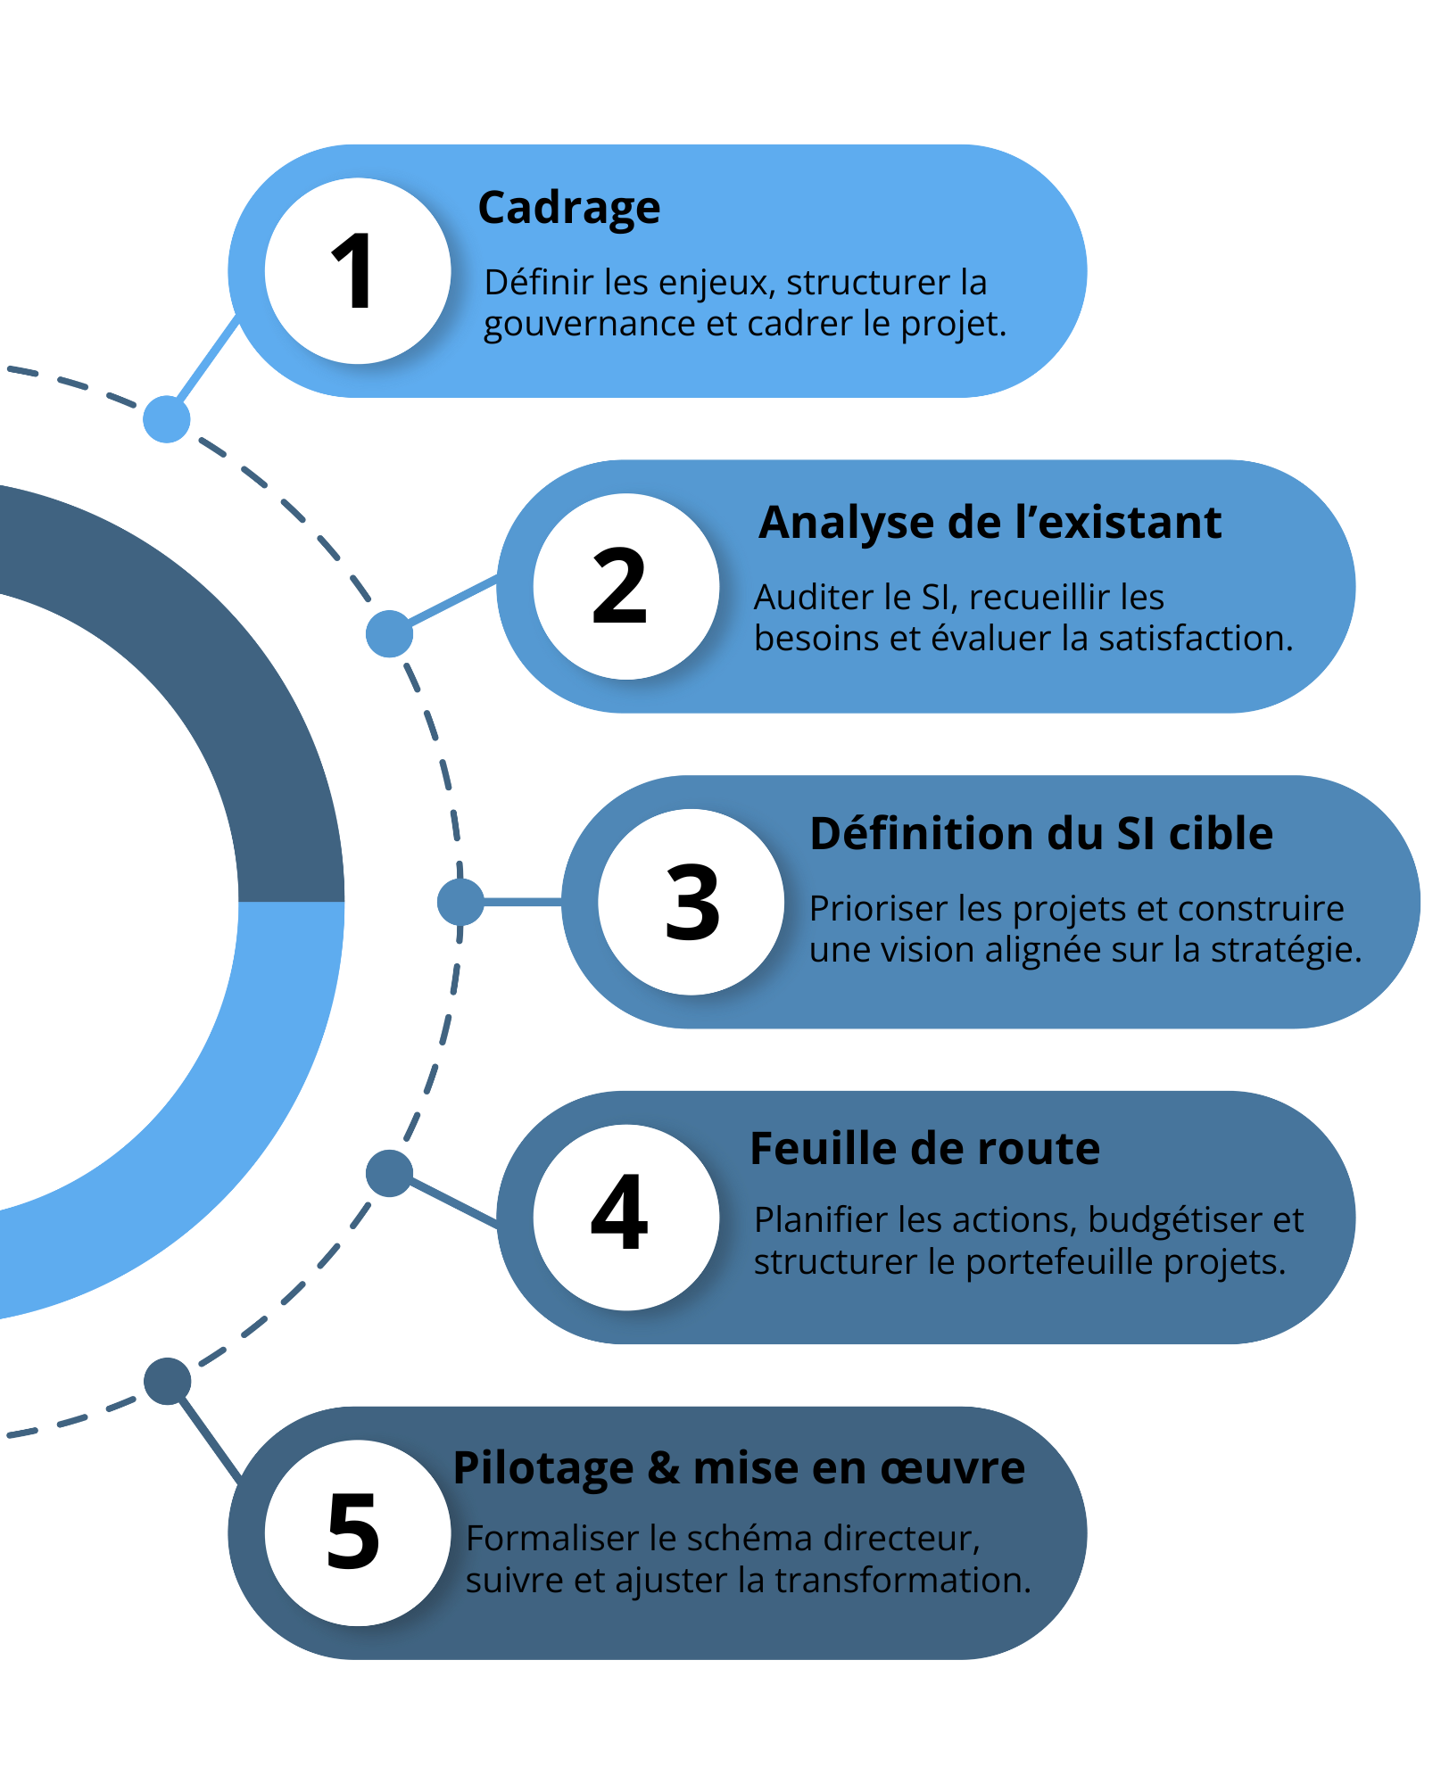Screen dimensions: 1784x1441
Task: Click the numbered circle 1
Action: point(358,271)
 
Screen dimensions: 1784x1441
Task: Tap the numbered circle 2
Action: point(626,587)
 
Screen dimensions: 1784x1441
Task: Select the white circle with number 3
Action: point(692,902)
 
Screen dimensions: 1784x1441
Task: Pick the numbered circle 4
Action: point(626,1218)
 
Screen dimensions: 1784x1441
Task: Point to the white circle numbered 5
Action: point(358,1532)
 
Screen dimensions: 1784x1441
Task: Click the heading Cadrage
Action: point(569,209)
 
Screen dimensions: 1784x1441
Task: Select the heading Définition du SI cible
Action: point(1041,834)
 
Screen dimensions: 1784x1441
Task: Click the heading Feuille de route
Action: point(924,1149)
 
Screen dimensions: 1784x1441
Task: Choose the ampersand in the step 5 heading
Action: point(663,1468)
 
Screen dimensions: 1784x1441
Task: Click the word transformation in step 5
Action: point(902,1581)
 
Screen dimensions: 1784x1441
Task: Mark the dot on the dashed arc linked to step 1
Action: point(167,418)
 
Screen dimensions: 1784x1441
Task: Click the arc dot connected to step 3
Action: point(460,901)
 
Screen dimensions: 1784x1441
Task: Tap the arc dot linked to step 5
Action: point(167,1381)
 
